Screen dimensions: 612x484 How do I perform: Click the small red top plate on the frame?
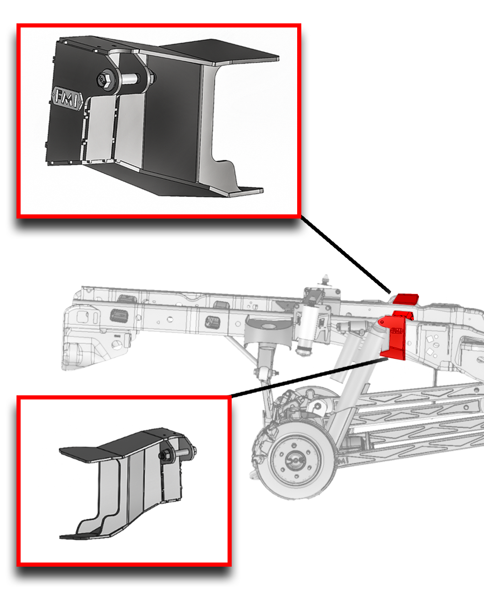click(x=407, y=299)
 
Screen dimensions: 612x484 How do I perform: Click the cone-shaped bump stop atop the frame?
click(x=326, y=279)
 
